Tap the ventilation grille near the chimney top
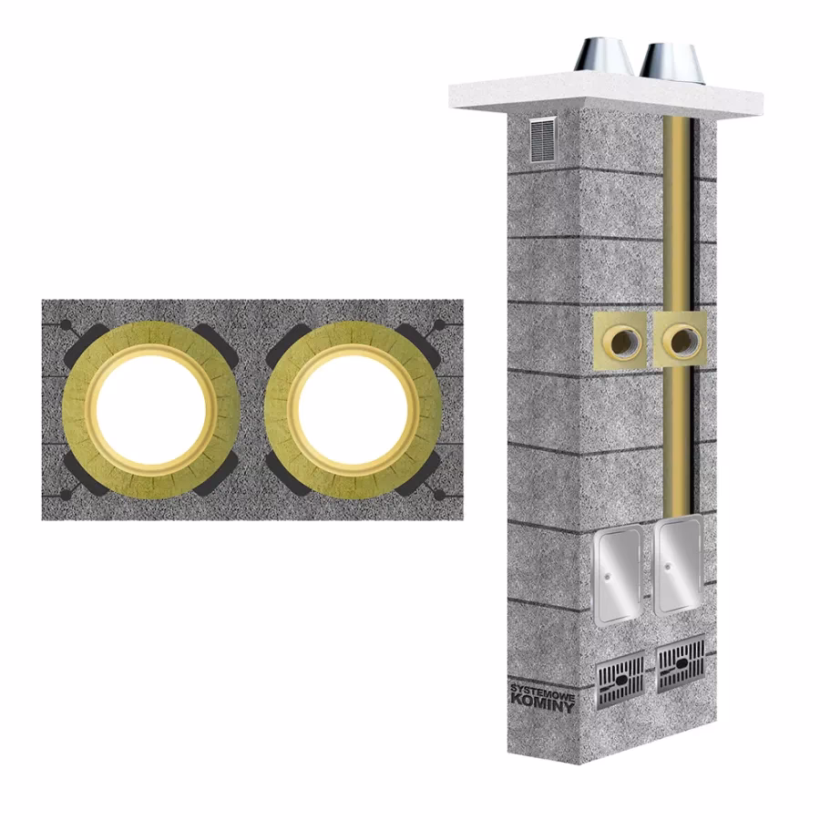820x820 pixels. (x=542, y=139)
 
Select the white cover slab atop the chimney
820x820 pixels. (x=606, y=94)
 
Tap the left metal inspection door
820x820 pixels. (x=617, y=575)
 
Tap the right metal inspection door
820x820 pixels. (x=679, y=565)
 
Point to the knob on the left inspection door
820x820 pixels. (x=607, y=577)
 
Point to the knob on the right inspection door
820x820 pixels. (x=669, y=566)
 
